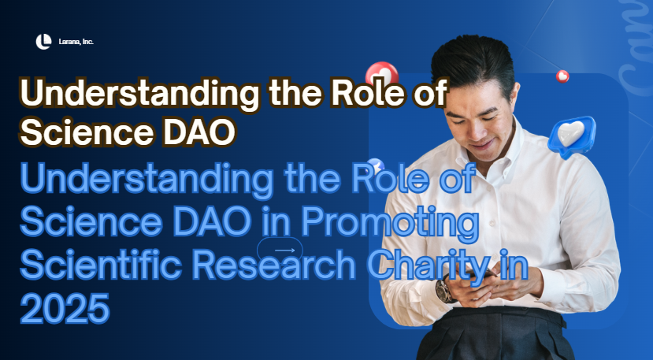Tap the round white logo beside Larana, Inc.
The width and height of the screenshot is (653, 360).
coord(43,41)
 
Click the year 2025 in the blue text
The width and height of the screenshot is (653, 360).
coord(65,308)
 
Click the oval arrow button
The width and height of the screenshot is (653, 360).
coord(279,250)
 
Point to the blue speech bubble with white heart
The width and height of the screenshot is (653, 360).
coord(571,136)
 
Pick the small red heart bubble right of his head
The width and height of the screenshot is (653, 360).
coord(562,76)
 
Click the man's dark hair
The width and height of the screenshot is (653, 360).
coord(473,59)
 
